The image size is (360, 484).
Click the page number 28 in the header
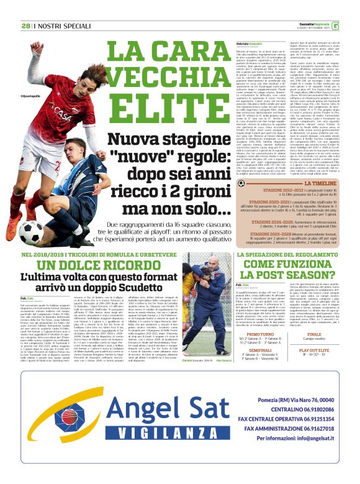(25, 25)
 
